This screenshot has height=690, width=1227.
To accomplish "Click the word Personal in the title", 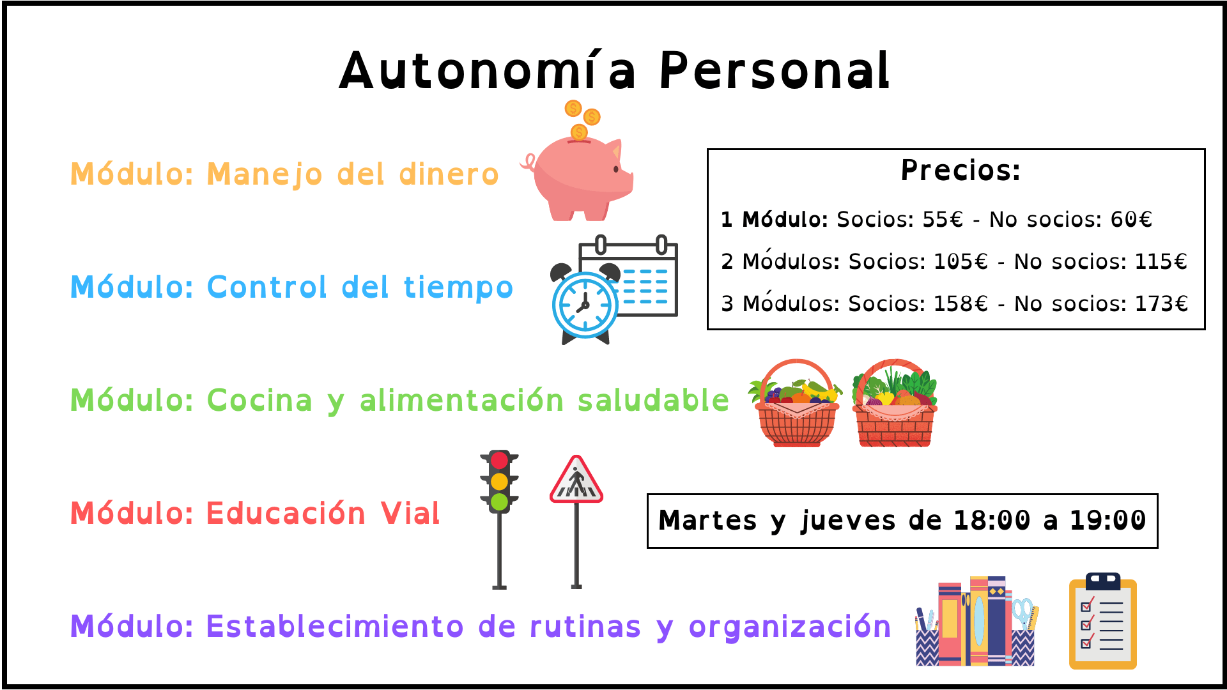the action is (x=774, y=70).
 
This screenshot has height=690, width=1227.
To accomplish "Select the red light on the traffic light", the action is (x=499, y=461).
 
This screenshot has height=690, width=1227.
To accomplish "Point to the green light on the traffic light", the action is (x=499, y=502).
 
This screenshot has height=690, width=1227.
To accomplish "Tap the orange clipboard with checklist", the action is (x=1103, y=621).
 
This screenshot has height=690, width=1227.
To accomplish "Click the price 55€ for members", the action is (x=943, y=220).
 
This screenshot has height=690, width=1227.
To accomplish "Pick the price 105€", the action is (x=961, y=261).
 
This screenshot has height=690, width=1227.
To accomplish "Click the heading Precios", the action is (x=961, y=170).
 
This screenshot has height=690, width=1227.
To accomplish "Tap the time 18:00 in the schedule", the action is (x=992, y=521).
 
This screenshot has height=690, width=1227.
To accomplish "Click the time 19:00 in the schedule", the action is (x=1108, y=521).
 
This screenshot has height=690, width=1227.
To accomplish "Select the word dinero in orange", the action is (x=449, y=174).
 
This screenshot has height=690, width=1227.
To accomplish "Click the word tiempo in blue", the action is (x=458, y=287).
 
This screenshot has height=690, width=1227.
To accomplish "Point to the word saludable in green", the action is (x=653, y=401).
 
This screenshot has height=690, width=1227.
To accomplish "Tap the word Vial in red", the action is (x=410, y=514).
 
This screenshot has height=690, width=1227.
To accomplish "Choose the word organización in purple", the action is (x=790, y=627).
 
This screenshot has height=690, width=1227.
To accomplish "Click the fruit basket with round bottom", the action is (x=796, y=403).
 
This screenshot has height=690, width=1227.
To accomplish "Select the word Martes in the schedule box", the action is (x=708, y=521).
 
